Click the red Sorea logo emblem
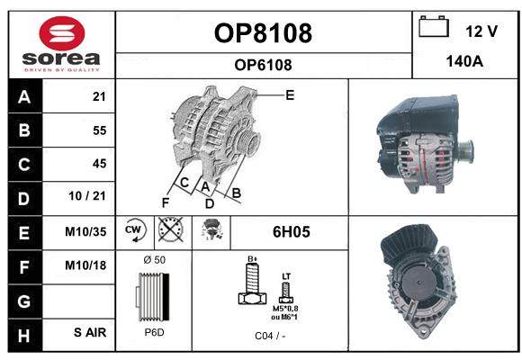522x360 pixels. (62, 33)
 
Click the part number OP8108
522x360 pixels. (263, 33)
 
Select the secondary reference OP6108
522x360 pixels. (263, 65)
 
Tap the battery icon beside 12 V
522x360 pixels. (434, 26)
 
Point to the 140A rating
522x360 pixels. (464, 61)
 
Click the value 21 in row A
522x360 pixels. (99, 96)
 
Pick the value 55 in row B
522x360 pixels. (100, 130)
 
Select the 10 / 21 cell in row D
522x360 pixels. (87, 196)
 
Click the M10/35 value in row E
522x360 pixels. (85, 231)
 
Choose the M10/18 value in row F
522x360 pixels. (85, 265)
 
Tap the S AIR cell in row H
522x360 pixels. (90, 332)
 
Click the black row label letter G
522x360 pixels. (24, 301)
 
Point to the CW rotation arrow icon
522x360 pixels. (135, 230)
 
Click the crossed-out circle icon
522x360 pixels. (170, 229)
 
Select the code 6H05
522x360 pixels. (292, 232)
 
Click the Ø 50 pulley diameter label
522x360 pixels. (155, 260)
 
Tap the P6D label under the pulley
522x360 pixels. (155, 332)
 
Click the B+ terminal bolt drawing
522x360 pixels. (253, 283)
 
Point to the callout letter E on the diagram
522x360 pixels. (290, 95)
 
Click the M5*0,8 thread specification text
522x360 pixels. (285, 309)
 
